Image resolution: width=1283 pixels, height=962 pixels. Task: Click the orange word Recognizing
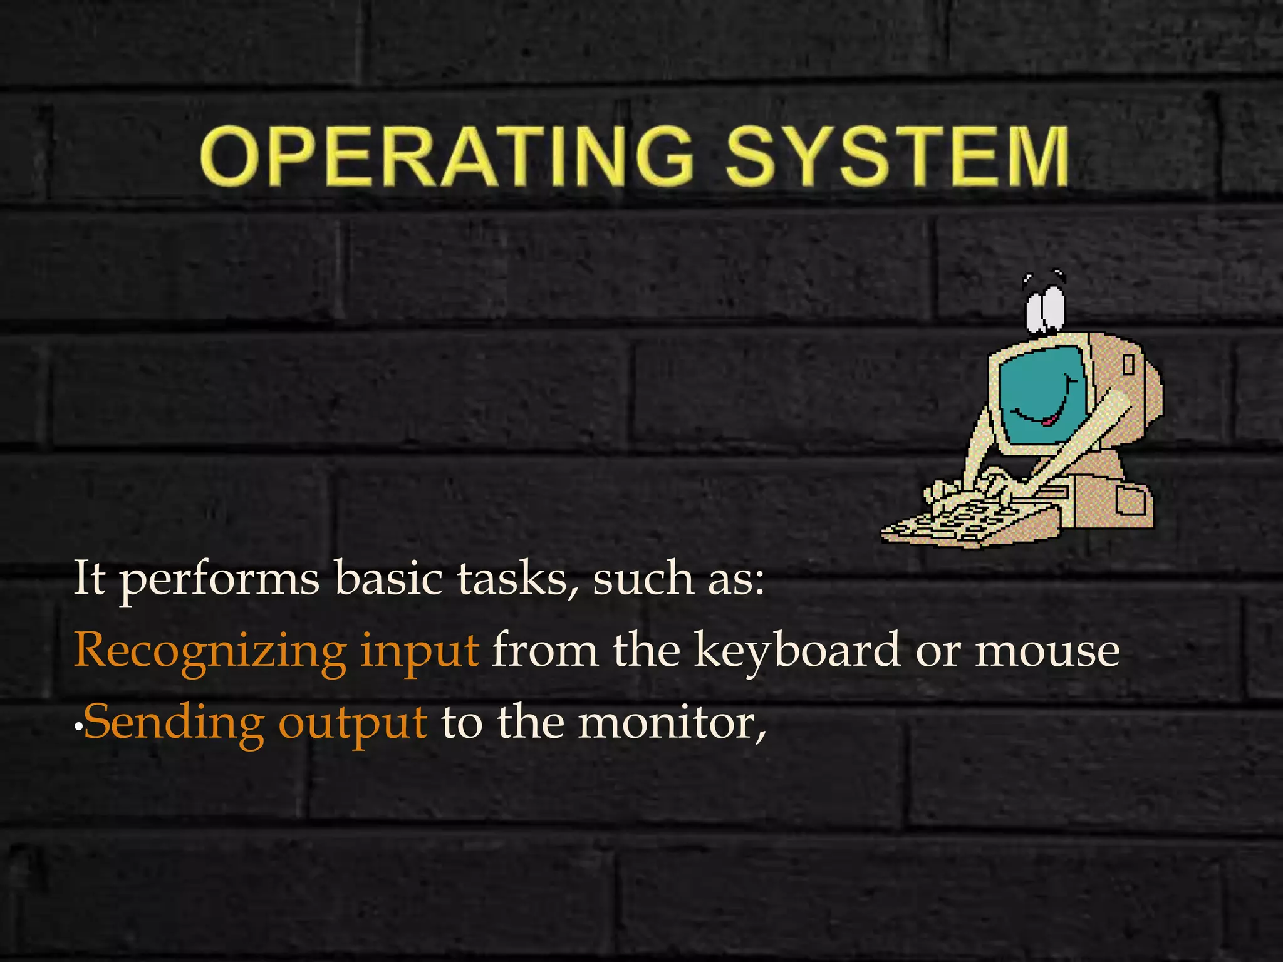210,651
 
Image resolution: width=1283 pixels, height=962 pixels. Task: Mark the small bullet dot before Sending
78,727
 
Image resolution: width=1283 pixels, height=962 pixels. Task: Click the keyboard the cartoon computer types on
958,523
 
